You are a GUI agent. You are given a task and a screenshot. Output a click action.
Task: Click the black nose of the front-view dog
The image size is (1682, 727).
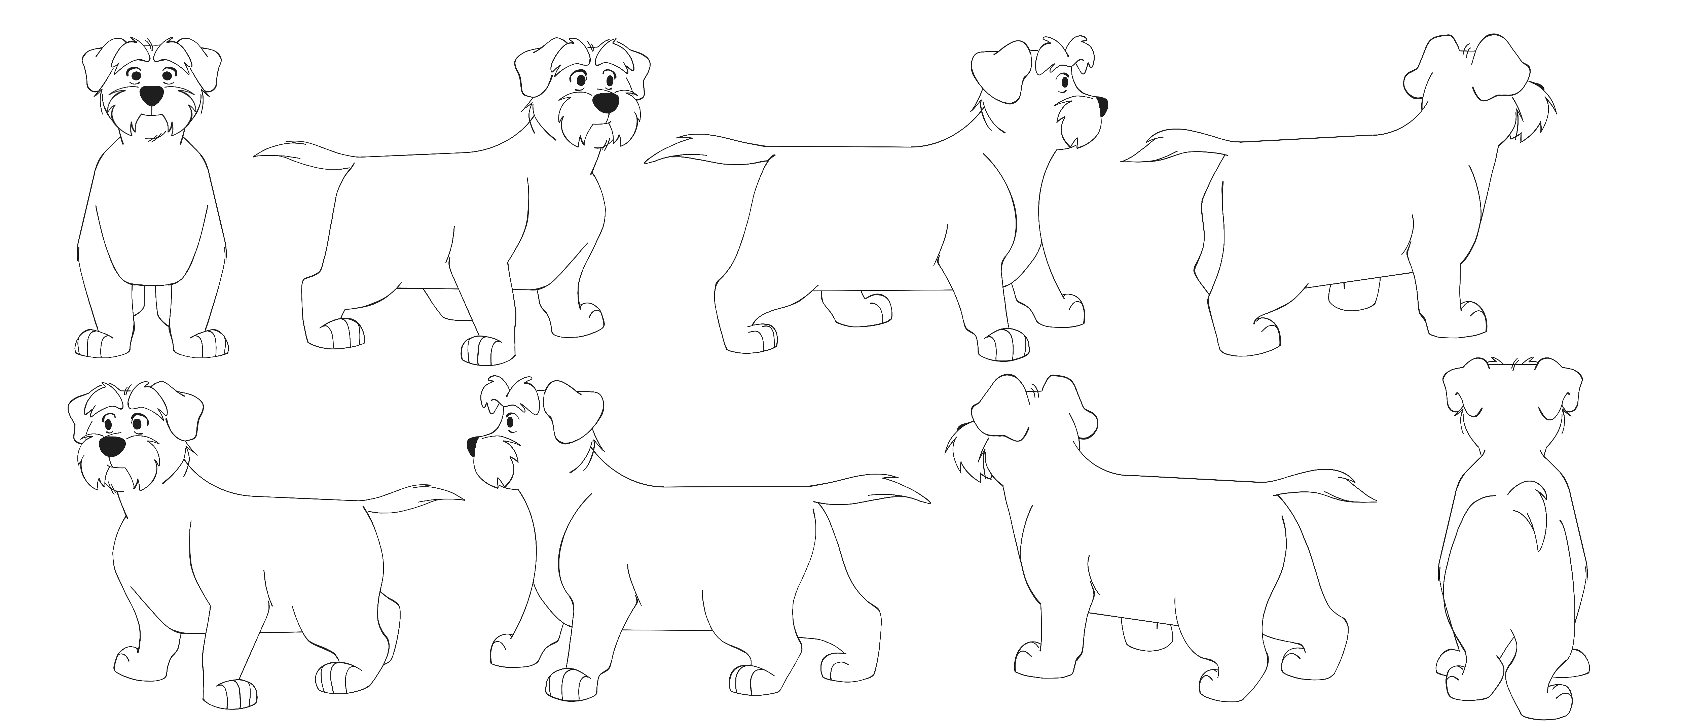pos(151,95)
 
